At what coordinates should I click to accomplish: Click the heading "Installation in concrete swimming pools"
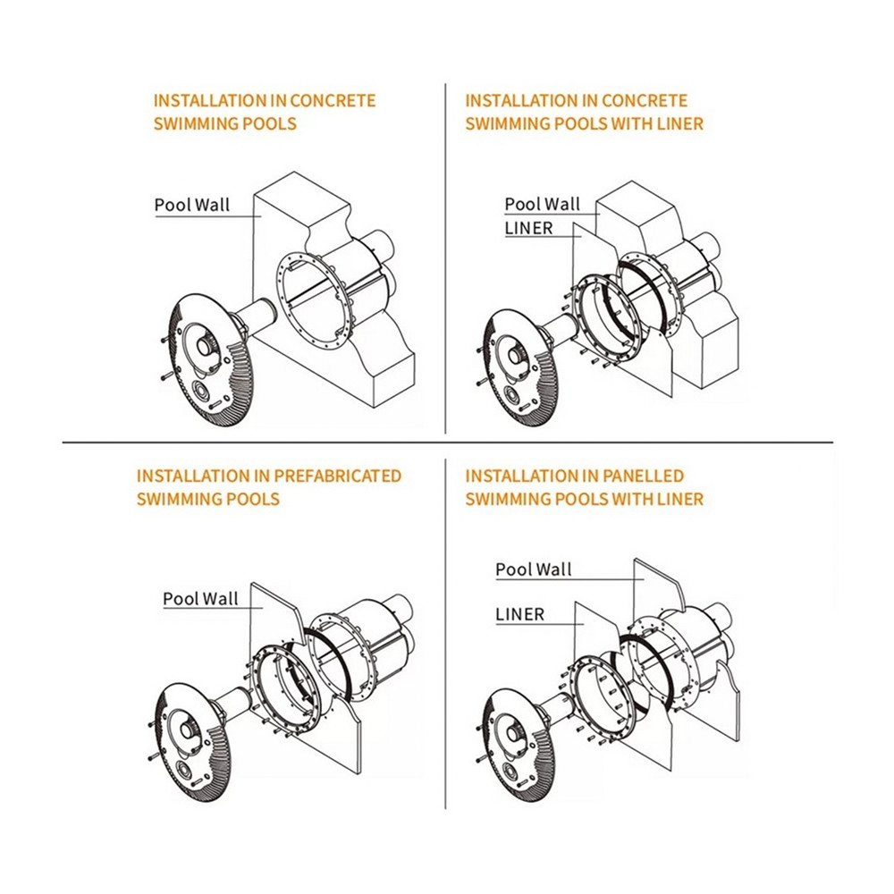point(265,112)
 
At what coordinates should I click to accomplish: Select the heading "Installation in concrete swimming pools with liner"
point(584,112)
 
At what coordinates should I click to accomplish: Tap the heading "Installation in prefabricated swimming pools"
point(268,486)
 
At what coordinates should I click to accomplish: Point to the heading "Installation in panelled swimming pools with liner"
point(584,486)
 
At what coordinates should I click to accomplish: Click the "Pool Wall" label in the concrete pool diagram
point(191,205)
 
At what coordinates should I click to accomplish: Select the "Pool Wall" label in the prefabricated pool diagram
point(200,598)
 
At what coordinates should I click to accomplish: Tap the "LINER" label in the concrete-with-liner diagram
point(528,228)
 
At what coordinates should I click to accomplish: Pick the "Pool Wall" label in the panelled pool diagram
point(534,569)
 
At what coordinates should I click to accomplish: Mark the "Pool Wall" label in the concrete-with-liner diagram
point(542,205)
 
